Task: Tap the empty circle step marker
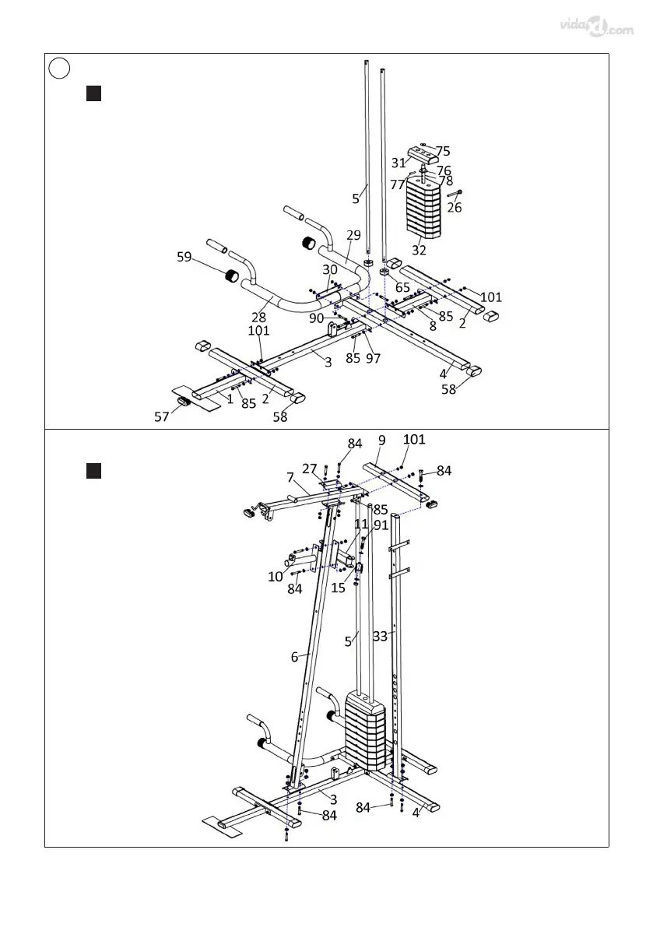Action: click(58, 68)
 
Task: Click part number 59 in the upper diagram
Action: click(184, 257)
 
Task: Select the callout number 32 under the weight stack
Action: click(419, 251)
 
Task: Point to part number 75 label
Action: click(442, 152)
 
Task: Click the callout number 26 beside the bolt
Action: click(454, 208)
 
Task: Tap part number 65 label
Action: click(402, 287)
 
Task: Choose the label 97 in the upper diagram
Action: click(374, 358)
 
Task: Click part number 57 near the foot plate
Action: click(161, 417)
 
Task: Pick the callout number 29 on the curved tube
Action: click(353, 235)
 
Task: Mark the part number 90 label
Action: click(316, 318)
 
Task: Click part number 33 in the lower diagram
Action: click(380, 636)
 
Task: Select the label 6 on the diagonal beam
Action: click(294, 657)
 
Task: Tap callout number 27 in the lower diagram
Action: click(310, 469)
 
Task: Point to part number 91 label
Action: click(381, 525)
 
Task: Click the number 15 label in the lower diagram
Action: click(338, 588)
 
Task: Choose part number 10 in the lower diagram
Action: click(275, 577)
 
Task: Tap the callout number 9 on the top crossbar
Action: click(382, 440)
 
